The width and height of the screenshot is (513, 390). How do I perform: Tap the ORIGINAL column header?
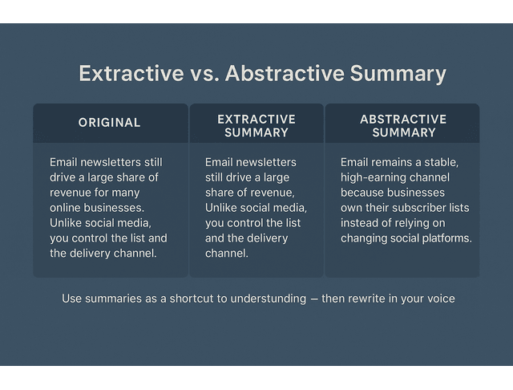(109, 123)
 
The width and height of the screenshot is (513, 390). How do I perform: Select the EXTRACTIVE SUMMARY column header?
(256, 125)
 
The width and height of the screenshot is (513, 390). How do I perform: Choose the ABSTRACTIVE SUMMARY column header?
(403, 125)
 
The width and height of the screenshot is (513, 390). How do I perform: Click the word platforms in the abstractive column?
(444, 238)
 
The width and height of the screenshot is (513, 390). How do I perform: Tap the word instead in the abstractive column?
(359, 223)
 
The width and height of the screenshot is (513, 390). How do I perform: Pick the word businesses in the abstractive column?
(417, 193)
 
